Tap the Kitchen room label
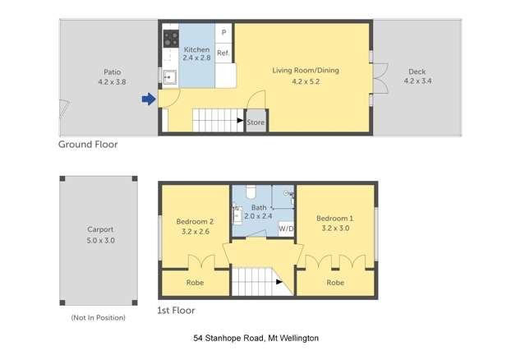pos(196,53)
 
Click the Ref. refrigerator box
pos(223,53)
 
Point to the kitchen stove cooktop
pos(171,37)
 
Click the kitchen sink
pos(170,78)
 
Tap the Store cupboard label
pos(256,122)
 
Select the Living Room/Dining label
pos(305,76)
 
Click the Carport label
pos(99,234)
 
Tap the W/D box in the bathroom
pos(287,228)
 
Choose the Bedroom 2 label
pos(195,226)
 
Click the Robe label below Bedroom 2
pos(195,283)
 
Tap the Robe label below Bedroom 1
pos(334,283)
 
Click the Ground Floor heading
pos(88,144)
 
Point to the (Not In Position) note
pos(99,317)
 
